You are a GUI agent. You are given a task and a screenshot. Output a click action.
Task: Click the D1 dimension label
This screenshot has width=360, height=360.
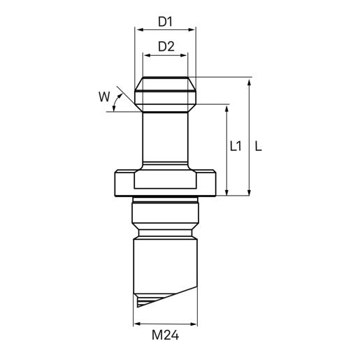pos(165,22)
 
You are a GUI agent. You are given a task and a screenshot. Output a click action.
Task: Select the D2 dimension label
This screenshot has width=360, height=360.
pos(166,47)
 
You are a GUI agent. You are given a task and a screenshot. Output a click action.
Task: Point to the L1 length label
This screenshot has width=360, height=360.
pos(236,146)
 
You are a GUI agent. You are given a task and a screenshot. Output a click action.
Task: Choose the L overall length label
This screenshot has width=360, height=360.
pos(259,146)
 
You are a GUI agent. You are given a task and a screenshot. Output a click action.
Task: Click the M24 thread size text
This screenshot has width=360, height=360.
pos(165,335)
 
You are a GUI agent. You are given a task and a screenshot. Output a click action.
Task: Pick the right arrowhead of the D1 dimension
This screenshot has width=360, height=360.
pos(192,30)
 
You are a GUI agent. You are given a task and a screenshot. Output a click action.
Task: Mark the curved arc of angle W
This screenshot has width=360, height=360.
pos(126,103)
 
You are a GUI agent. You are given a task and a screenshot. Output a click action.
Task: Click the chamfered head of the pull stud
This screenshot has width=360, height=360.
pos(166,93)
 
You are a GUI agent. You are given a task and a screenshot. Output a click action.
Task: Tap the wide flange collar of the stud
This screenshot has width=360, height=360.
pos(166,183)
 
